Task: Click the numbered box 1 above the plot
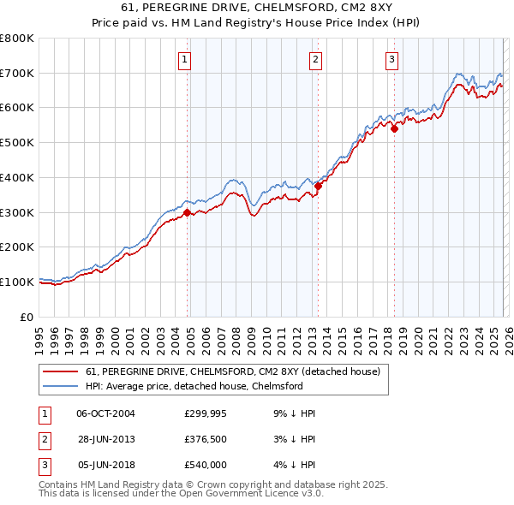tap(186, 59)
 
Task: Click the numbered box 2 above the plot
tap(316, 59)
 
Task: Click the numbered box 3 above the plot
tap(391, 59)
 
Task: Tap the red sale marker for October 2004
tap(187, 213)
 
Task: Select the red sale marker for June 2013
tap(318, 186)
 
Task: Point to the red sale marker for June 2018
tap(394, 129)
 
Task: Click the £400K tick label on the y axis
tap(17, 177)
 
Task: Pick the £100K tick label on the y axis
tap(17, 282)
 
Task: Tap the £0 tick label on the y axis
tap(26, 317)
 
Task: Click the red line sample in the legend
tap(59, 371)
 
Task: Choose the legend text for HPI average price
tap(194, 386)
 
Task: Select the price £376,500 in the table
tap(205, 439)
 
